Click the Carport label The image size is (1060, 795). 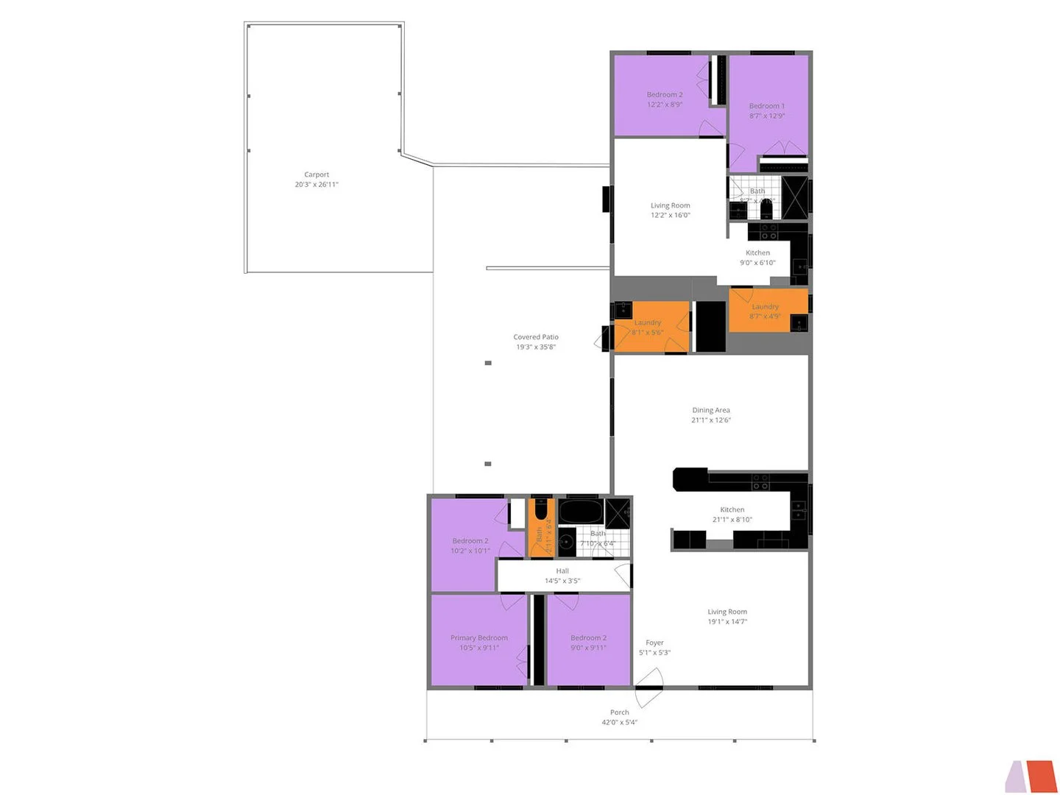coord(317,175)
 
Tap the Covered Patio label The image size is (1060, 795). coord(536,337)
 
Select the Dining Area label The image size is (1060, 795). coord(711,411)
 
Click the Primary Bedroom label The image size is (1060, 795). coord(479,638)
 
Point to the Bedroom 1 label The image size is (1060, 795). coord(767,106)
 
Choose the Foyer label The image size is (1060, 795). coord(654,643)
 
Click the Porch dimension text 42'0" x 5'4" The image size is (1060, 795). coord(619,723)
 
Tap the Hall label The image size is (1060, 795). coord(562,571)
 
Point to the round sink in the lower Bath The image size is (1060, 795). coord(565,543)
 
